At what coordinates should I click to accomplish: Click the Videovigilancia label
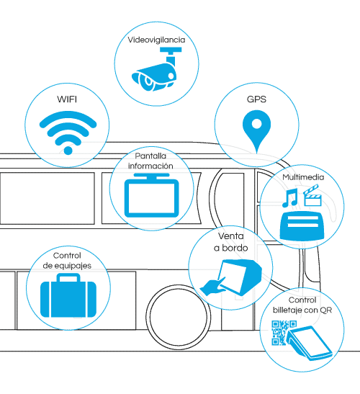156,40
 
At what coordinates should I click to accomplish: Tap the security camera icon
156,69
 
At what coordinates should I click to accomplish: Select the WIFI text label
67,99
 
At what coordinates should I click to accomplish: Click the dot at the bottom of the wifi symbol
68,151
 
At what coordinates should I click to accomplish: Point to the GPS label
256,99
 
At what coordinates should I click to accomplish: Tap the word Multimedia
303,177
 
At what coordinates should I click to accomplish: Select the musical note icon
290,198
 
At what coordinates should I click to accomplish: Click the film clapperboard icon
312,195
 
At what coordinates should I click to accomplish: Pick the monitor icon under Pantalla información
151,195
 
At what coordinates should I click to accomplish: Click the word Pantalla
150,156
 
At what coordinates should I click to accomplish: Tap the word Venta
230,236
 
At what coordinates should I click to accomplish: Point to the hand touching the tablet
213,287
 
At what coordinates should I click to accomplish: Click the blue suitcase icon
68,295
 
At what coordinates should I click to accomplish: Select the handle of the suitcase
68,277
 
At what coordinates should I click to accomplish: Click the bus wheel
178,317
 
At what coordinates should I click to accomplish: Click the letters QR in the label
325,310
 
